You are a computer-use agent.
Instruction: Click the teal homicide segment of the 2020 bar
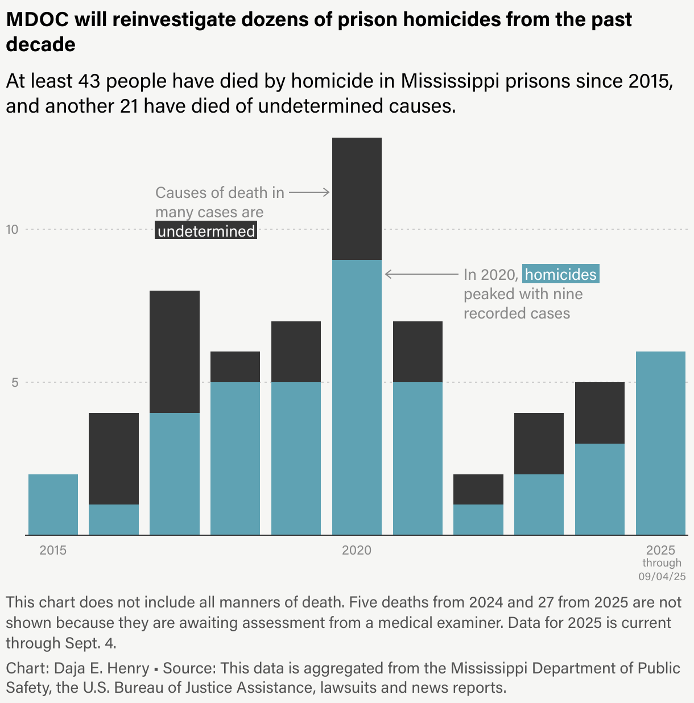click(357, 397)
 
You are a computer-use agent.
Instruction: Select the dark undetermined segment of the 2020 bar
click(357, 199)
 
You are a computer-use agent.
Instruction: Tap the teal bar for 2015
click(53, 504)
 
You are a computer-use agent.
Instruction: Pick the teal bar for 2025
click(660, 443)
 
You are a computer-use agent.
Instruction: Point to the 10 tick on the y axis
click(13, 229)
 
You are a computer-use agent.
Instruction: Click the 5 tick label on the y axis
click(15, 382)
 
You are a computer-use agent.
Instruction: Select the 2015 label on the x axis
click(53, 550)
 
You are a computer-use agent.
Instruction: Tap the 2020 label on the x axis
click(357, 550)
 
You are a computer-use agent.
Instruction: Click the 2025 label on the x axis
click(660, 550)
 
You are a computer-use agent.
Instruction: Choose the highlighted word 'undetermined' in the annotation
click(206, 231)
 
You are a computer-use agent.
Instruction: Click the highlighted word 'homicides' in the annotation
click(561, 275)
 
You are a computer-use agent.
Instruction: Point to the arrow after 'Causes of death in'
click(309, 192)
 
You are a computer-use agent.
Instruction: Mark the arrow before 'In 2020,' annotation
click(422, 274)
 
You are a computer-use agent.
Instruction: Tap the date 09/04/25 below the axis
click(662, 576)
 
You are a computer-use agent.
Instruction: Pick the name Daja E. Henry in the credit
click(101, 668)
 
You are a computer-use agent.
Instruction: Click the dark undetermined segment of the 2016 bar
click(114, 458)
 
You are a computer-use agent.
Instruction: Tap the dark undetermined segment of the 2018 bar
click(235, 367)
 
